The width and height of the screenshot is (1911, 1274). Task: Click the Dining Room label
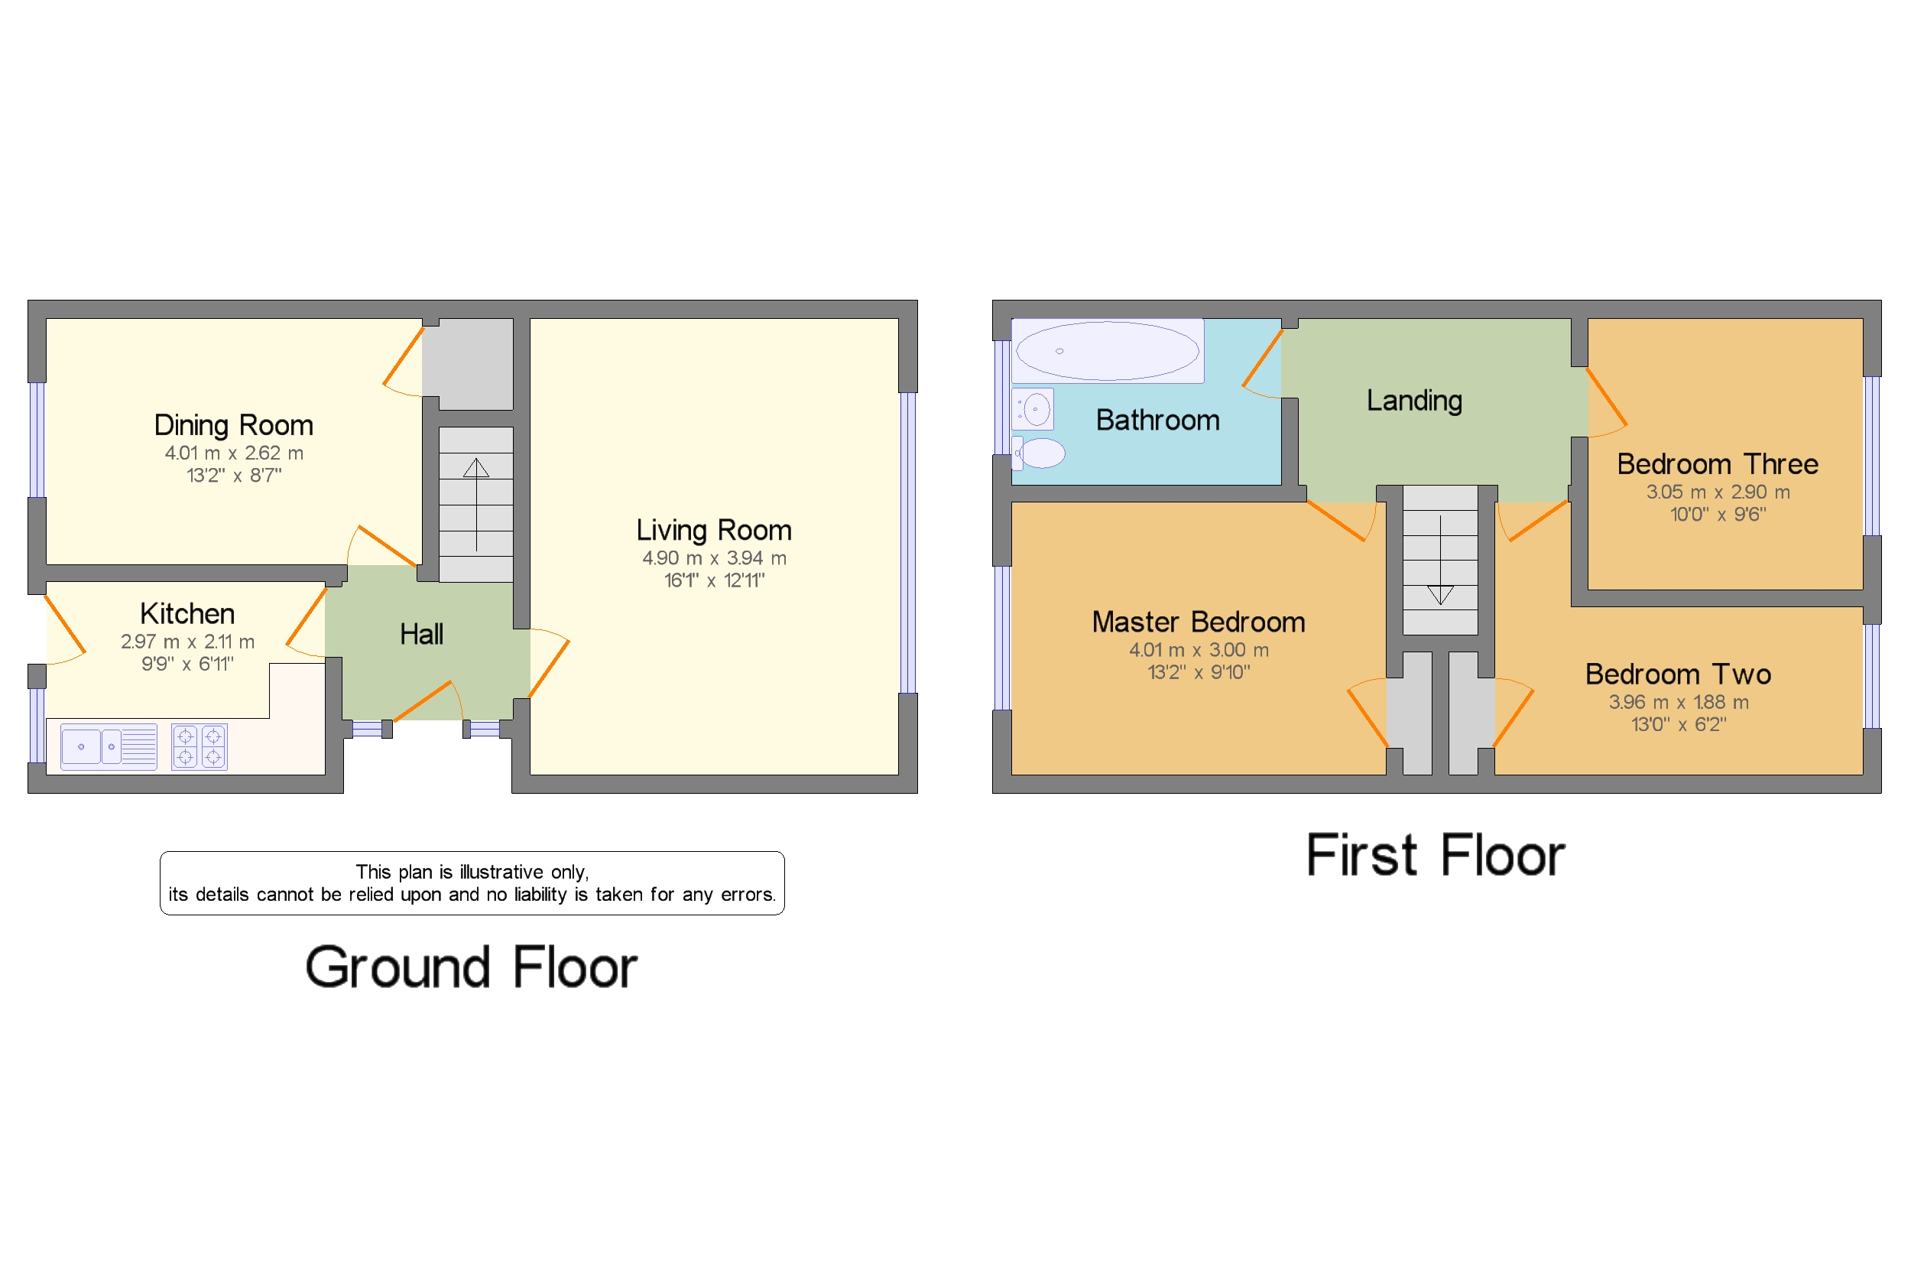click(234, 425)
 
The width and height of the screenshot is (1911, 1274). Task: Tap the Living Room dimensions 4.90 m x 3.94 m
click(714, 558)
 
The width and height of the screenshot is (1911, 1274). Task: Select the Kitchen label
click(187, 613)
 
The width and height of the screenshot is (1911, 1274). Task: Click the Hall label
click(421, 634)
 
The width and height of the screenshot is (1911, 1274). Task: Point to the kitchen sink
click(109, 746)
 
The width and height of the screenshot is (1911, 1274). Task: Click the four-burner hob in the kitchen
click(200, 746)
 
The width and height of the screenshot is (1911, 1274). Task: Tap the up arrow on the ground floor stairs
click(477, 505)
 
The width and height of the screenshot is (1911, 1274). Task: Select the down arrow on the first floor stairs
click(1440, 560)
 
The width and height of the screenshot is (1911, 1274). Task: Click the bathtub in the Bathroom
click(1108, 351)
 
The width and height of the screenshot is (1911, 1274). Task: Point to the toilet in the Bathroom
click(1039, 453)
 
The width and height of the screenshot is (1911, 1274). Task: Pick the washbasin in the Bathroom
click(1033, 408)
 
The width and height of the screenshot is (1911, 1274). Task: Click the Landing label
click(1414, 401)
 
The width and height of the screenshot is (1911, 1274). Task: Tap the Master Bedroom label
click(1199, 622)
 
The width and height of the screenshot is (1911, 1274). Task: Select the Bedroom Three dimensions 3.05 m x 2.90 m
click(1718, 492)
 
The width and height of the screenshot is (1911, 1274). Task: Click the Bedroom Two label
click(1678, 674)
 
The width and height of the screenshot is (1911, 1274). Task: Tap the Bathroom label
click(1157, 420)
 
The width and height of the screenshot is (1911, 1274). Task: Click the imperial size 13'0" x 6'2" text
click(1679, 725)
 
